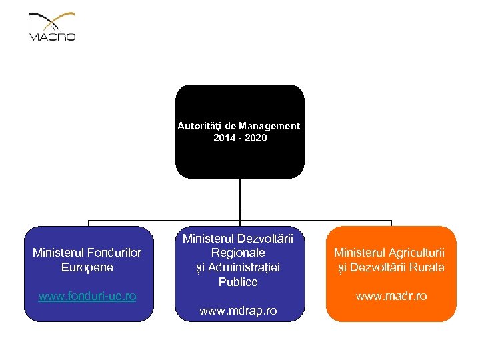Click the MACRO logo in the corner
[x=52, y=27]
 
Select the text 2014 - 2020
[x=239, y=138]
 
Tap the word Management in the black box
[x=271, y=125]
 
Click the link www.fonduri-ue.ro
[x=87, y=295]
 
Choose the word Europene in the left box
[x=87, y=267]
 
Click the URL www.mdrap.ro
[x=239, y=311]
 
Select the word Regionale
[x=239, y=253]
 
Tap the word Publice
[x=239, y=282]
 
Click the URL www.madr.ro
[x=391, y=296]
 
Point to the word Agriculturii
[x=417, y=253]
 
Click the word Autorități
[x=199, y=125]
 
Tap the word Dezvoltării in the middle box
[x=270, y=238]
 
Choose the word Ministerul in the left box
[x=59, y=253]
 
